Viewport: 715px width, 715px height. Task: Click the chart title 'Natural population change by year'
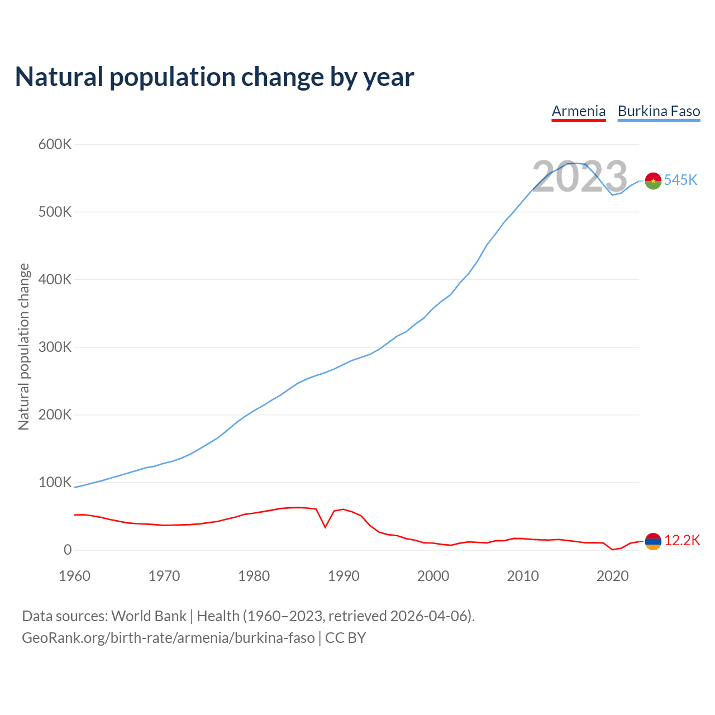coord(214,77)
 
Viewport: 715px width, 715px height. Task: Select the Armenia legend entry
coord(579,111)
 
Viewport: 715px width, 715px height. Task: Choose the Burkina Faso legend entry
coord(659,111)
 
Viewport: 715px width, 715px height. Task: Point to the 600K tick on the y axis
coord(55,145)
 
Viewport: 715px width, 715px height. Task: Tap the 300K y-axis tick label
coord(55,347)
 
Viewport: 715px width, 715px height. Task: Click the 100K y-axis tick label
coord(55,483)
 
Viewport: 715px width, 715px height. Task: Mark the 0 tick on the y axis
coord(68,550)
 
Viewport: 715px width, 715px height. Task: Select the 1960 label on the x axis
coord(74,576)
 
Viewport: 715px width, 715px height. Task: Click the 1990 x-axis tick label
coord(344,576)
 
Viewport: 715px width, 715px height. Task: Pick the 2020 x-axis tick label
coord(613,576)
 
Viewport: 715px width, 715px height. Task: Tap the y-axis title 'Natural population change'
coord(24,347)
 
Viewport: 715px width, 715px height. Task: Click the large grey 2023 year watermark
coord(580,177)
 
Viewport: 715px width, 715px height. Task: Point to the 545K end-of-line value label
coord(680,180)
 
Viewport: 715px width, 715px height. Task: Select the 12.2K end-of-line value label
coord(682,541)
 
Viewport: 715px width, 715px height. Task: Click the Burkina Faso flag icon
coord(653,181)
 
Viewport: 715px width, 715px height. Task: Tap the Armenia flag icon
coord(653,541)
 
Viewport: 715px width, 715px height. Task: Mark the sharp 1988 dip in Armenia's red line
coord(325,527)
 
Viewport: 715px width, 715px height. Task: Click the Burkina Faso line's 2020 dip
coord(612,194)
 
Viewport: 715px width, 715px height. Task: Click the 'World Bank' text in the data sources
coord(149,616)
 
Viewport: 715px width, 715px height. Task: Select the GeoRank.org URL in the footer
coord(168,638)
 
